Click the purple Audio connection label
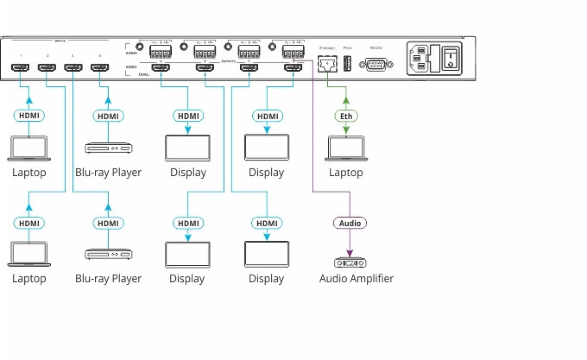coord(349,223)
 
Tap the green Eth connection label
coord(346,116)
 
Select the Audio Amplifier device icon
coord(350,262)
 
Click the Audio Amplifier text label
coord(356,278)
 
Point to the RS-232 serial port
coord(376,65)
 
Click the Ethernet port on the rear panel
coord(327,64)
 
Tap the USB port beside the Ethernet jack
coord(347,63)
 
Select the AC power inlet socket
coord(419,58)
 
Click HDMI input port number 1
coord(20,67)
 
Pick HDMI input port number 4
coord(100,67)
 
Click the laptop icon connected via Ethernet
coord(346,148)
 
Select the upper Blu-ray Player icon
coord(108,148)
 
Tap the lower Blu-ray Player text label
coord(108,278)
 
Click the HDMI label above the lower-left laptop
coord(29,223)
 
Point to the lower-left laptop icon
coord(29,254)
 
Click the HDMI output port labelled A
coord(161,67)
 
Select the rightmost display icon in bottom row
coord(267,254)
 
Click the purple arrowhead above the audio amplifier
coord(350,253)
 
